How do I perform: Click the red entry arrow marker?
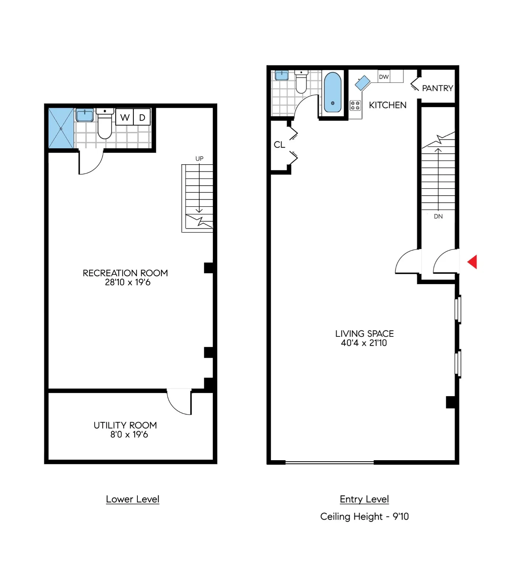[x=473, y=262]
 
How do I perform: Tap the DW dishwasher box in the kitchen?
[x=384, y=77]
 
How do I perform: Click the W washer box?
[x=125, y=117]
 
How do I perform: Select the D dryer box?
[x=142, y=117]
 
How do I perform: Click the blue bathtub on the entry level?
[x=333, y=92]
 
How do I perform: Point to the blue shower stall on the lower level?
[x=61, y=128]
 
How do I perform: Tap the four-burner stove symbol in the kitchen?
[x=355, y=105]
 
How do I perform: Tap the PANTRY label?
[x=437, y=88]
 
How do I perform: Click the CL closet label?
[x=279, y=145]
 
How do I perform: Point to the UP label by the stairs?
[x=199, y=159]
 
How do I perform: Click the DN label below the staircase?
[x=438, y=216]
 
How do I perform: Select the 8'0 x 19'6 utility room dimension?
[x=129, y=435]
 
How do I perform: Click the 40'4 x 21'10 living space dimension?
[x=364, y=343]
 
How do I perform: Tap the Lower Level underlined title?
[x=132, y=499]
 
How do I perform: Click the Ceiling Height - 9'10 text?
[x=364, y=516]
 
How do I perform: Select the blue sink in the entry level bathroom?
[x=281, y=75]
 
